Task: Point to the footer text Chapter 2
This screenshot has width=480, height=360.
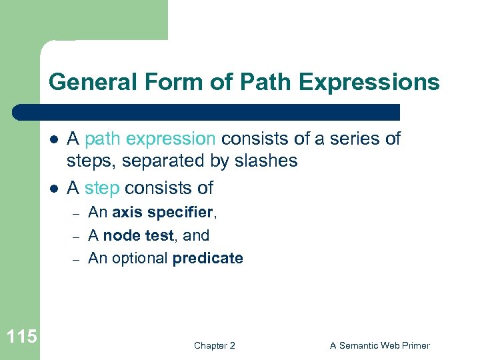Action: pos(214,345)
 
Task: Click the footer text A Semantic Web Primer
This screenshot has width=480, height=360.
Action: pos(380,345)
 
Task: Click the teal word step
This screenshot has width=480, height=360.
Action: pos(103,188)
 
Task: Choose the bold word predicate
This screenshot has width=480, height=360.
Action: pos(207,258)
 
